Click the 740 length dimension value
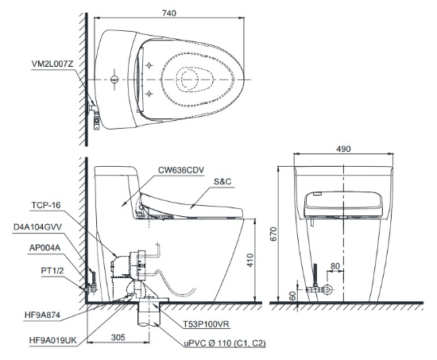coord(169,13)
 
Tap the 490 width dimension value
coord(343,149)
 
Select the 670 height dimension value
coord(274,234)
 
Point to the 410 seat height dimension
coord(250,260)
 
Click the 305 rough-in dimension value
coord(118,338)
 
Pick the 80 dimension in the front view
coord(335,266)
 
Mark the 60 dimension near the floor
coord(292,296)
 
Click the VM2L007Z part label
coord(52,64)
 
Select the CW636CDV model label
coord(181,170)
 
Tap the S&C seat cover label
coord(222,181)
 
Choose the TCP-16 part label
coord(46,205)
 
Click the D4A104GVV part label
coord(37,226)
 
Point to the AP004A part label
coord(44,248)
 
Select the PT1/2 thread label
coord(52,270)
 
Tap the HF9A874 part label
coord(42,315)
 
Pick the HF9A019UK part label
coord(52,340)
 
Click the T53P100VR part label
coord(207,324)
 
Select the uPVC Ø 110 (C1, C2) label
coord(225,343)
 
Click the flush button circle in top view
coord(114,79)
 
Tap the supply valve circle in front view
coord(328,289)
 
